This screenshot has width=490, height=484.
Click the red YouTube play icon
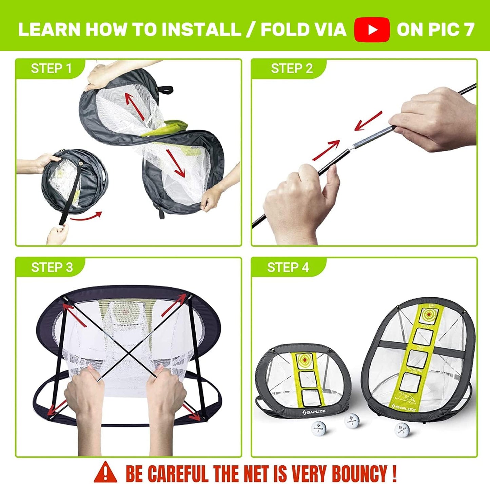[x=372, y=29]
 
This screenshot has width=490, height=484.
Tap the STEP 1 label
[x=51, y=68]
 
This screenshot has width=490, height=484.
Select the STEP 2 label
[x=291, y=68]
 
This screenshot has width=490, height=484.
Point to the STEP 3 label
[x=52, y=267]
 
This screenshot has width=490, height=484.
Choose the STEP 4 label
[x=288, y=267]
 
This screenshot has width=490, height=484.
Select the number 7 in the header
[x=469, y=29]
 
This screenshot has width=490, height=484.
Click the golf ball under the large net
[x=402, y=430]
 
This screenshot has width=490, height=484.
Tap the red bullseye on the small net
[x=305, y=360]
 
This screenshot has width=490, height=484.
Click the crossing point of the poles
[x=126, y=352]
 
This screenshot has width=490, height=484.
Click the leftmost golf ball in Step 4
[x=318, y=428]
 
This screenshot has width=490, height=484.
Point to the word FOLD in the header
[x=286, y=29]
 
